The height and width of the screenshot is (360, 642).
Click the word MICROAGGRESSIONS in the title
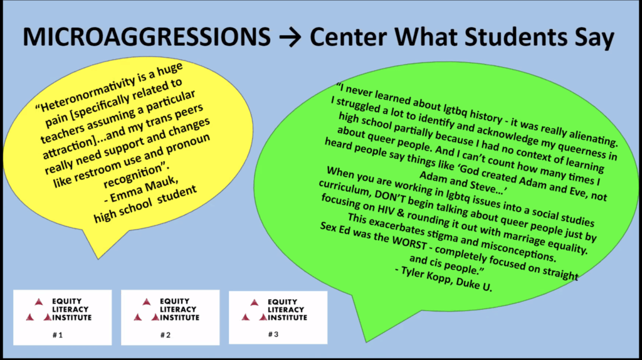[147, 37]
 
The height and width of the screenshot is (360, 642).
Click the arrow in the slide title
[290, 37]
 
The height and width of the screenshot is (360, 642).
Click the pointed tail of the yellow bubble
[98, 258]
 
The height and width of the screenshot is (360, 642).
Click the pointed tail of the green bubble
[366, 341]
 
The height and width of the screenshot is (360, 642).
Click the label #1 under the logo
[57, 335]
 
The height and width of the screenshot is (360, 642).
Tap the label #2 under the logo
[166, 335]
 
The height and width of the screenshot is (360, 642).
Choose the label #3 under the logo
[273, 334]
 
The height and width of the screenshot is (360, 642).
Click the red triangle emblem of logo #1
[38, 310]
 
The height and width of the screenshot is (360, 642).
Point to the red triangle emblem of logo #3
[255, 310]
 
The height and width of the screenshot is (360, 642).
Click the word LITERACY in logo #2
[178, 309]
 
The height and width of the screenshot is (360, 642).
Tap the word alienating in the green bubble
[591, 135]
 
